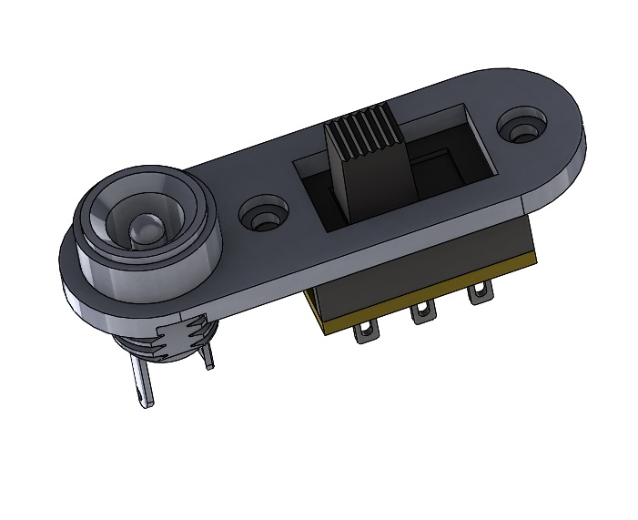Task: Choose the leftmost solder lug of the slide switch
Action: [366, 330]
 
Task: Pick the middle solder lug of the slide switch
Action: [420, 313]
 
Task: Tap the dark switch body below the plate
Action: [410, 264]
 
